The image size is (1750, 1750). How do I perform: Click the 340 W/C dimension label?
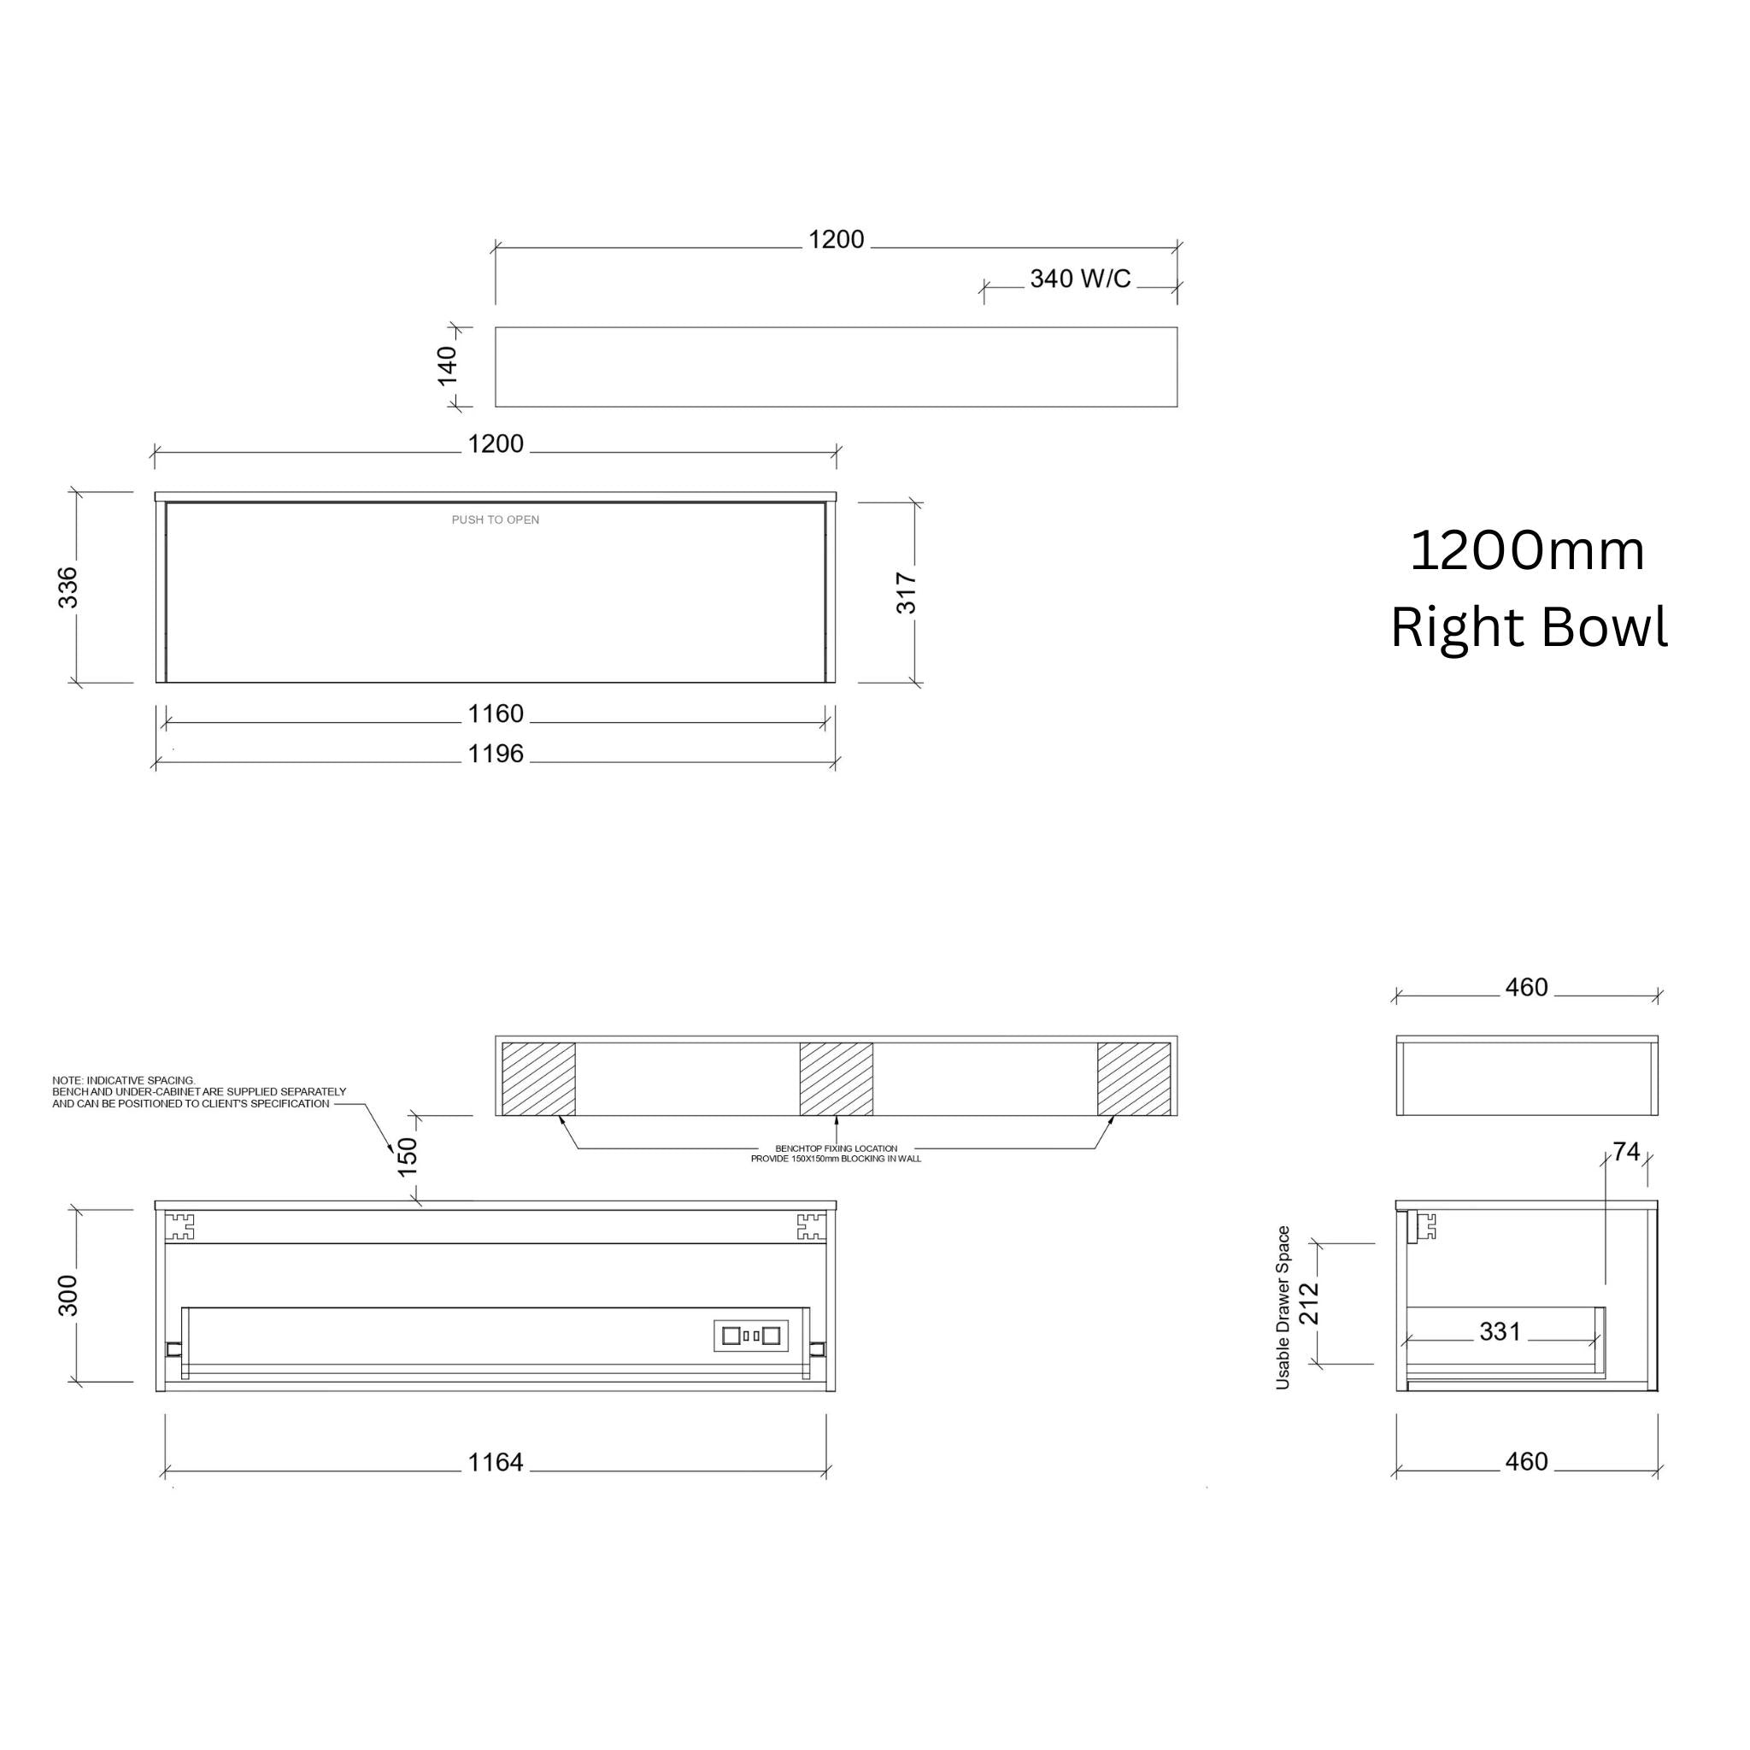[1080, 279]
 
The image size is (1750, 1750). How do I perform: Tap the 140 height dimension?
[448, 365]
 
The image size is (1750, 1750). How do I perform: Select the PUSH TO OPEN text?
[496, 520]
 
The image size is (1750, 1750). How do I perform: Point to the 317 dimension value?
[907, 593]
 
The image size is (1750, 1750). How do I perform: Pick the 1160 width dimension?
[496, 714]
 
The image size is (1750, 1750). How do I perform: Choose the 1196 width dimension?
[496, 754]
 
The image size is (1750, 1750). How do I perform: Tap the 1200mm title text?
[1527, 551]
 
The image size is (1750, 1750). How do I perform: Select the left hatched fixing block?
[539, 1079]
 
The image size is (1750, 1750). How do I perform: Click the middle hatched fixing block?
[836, 1079]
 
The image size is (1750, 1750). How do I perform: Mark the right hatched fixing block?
[1134, 1079]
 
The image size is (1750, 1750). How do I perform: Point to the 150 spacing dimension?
[408, 1157]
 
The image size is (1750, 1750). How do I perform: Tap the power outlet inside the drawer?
[751, 1336]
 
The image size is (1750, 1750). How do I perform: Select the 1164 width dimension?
[496, 1462]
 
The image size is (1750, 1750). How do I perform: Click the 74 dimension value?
[1626, 1151]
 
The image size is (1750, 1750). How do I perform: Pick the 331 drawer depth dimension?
[1500, 1331]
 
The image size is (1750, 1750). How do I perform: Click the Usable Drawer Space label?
[1283, 1307]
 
